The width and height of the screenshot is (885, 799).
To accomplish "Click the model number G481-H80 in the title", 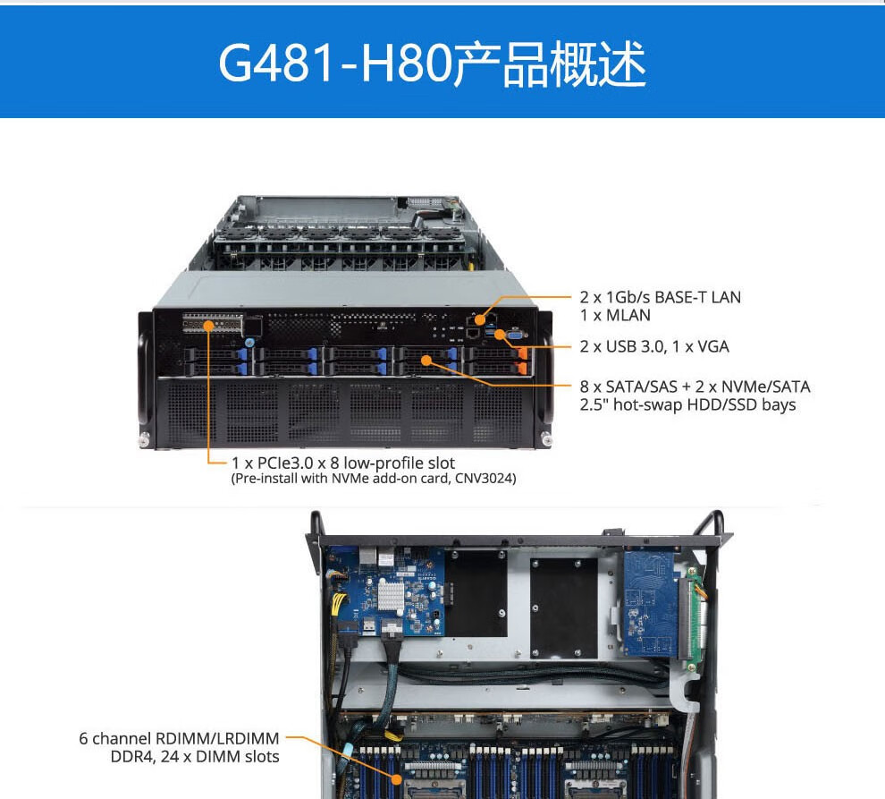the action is point(335,63).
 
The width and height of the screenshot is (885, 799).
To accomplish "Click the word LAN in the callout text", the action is point(726,297).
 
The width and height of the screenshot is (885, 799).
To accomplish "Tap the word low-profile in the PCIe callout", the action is point(383,463).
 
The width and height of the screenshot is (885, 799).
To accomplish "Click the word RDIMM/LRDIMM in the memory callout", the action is point(217,738).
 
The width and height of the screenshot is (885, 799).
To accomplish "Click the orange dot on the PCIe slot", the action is point(208,326).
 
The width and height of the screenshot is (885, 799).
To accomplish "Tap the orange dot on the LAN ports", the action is point(480,320).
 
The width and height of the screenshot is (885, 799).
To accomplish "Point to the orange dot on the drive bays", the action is point(426,360).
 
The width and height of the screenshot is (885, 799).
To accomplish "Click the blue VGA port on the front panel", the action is point(516,335).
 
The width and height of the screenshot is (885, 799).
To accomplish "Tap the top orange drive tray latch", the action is point(523,354).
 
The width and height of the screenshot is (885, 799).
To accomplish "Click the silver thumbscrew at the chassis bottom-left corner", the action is point(145,438).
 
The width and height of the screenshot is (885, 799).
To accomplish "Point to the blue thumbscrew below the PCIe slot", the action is point(249,343).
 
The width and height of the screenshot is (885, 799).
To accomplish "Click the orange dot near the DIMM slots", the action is point(397,780).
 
